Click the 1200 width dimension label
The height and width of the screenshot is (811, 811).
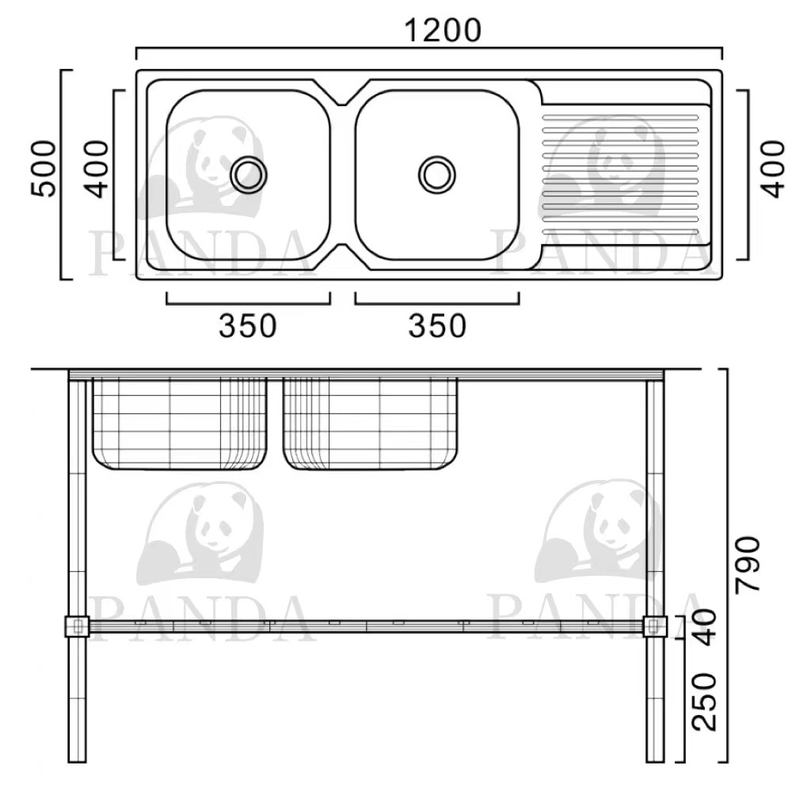tap(442, 30)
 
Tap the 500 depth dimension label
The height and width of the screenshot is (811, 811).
tap(44, 169)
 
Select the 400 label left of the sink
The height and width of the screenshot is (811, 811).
tap(97, 169)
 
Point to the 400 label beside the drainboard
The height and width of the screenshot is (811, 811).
tap(773, 169)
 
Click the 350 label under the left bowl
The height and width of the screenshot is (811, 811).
tap(248, 326)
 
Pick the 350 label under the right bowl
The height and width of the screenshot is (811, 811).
tap(437, 326)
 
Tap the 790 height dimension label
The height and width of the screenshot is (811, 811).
tap(748, 564)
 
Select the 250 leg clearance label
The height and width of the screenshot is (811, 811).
tap(704, 702)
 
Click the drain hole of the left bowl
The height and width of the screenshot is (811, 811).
tap(249, 175)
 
